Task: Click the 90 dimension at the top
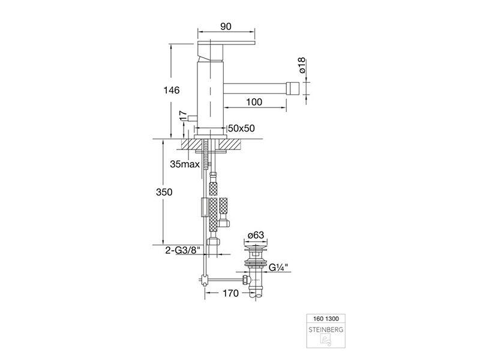pos(226,26)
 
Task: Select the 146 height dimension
pos(172,91)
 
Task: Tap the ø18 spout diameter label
pos(302,65)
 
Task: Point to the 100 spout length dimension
pos(254,101)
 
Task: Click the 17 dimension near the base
pos(183,115)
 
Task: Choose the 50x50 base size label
pos(241,128)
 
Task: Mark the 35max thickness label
pos(185,164)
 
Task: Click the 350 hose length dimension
pos(164,192)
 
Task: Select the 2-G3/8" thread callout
pos(182,250)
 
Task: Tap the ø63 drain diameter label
pos(256,235)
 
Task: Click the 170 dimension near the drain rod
pos(230,293)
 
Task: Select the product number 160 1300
pos(326,319)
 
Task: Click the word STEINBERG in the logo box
pos(326,329)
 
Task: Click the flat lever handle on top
pos(226,43)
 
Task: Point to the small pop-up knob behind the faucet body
pos(193,118)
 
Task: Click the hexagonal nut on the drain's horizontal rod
pos(245,279)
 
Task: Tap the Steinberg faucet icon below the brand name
pos(325,340)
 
